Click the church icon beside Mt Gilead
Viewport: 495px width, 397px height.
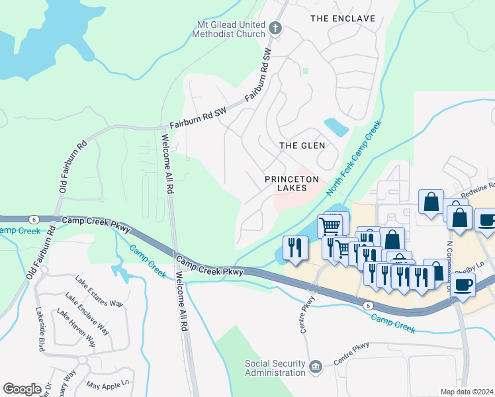(276, 28)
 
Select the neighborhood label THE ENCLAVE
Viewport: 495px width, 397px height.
(343, 19)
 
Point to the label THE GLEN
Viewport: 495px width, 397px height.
(302, 146)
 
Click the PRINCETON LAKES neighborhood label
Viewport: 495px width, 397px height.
(292, 183)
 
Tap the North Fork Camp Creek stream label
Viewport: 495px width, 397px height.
(355, 154)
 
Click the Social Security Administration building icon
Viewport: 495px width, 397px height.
(316, 365)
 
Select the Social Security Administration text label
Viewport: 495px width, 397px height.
(275, 368)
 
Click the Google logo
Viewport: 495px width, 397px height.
(22, 388)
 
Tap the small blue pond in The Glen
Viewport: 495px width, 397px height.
(337, 126)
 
